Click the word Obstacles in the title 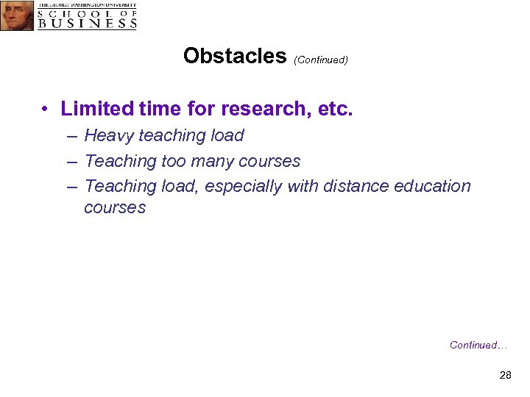(234, 56)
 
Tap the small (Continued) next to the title (320, 60)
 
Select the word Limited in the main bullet (93, 110)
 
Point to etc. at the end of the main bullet (336, 110)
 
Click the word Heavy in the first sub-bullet (108, 136)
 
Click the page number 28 (505, 376)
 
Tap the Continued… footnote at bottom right (478, 346)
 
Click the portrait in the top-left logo (16, 15)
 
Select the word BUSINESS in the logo (87, 23)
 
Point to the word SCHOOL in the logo (70, 12)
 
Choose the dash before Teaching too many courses (71, 162)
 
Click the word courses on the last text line (115, 208)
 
